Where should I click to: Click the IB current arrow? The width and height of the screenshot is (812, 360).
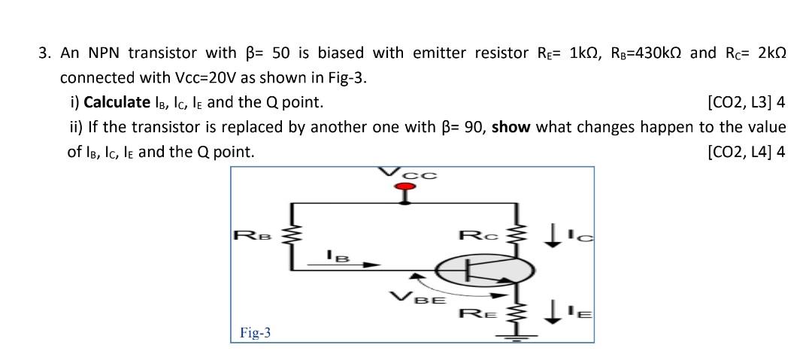(355, 265)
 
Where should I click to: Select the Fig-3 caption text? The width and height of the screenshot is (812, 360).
(256, 332)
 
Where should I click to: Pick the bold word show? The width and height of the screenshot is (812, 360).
(511, 127)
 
